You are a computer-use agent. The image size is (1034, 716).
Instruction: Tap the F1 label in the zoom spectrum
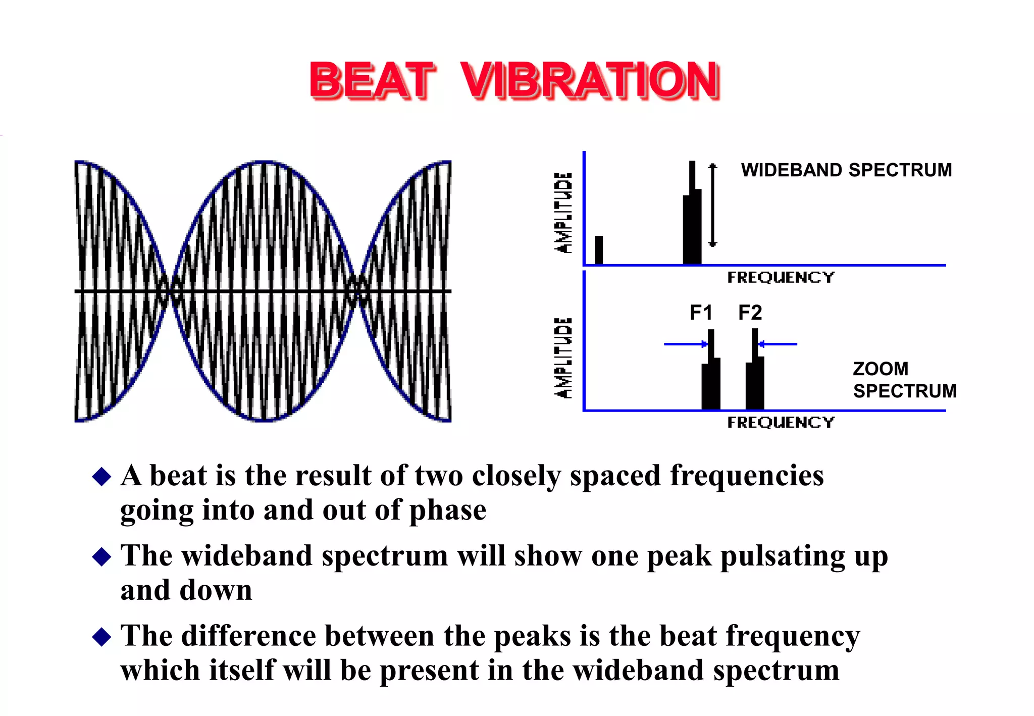point(701,313)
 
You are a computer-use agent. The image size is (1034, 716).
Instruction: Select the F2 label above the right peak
point(750,313)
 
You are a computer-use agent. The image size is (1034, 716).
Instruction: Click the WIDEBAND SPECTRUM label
point(846,170)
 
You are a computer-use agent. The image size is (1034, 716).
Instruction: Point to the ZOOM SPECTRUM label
point(904,380)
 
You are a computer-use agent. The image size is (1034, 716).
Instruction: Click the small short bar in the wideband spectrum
point(599,250)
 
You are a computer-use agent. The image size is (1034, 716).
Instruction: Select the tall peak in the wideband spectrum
point(692,222)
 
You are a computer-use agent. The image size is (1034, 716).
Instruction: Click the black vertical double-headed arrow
point(712,205)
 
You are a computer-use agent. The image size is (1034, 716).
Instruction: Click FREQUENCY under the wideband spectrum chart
point(781,277)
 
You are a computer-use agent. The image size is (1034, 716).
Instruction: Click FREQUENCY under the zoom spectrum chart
point(781,422)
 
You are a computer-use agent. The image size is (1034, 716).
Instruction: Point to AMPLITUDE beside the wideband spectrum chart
point(563,213)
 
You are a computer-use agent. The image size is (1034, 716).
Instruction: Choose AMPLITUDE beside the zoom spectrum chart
point(563,358)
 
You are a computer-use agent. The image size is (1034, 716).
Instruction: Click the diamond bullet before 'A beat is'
point(102,476)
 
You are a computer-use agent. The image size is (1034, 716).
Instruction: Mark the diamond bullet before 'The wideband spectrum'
point(102,556)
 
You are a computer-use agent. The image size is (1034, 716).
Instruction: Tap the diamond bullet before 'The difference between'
point(102,637)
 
